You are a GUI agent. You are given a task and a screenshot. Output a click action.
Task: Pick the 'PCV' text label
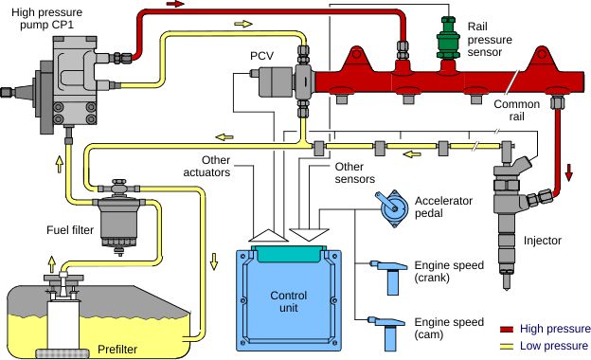261,56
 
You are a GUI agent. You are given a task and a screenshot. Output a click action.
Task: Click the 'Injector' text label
542,241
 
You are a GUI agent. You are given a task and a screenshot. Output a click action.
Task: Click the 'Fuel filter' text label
68,230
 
